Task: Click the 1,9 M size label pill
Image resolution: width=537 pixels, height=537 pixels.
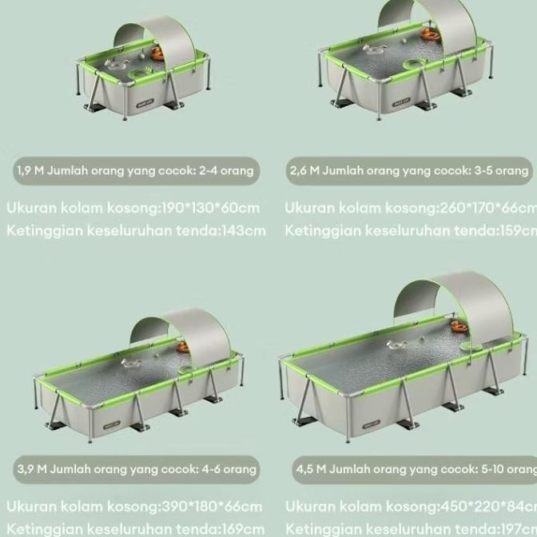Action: (x=135, y=170)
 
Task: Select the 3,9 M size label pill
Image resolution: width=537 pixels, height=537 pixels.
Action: (x=135, y=469)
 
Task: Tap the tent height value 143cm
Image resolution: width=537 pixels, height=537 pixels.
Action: (x=245, y=231)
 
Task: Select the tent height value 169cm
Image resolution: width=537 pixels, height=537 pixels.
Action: (x=244, y=529)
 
